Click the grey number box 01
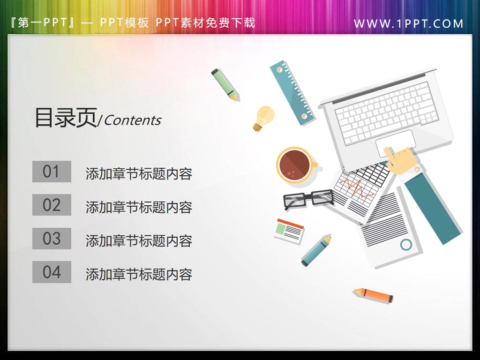[52, 172]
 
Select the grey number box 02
[52, 205]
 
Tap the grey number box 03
[52, 239]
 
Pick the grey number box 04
[52, 272]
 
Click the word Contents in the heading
[132, 120]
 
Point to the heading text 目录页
[65, 118]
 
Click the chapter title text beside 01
[139, 173]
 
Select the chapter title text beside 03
[139, 241]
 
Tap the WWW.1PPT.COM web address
[408, 23]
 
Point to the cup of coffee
[295, 164]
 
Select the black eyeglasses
[308, 199]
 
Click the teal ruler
[292, 91]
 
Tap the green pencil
[225, 84]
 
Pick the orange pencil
[374, 295]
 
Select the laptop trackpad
[395, 141]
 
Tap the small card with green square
[289, 230]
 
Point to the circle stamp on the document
[406, 244]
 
